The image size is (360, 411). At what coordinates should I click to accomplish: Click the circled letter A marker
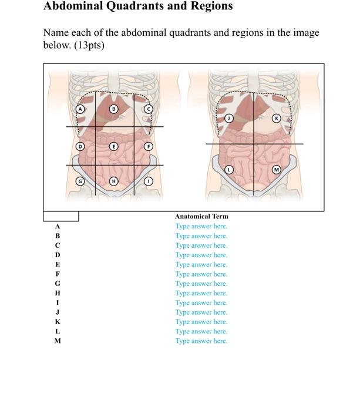coord(80,109)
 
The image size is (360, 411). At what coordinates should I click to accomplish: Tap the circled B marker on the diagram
coord(115,109)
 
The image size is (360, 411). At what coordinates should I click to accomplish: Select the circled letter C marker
coord(149,109)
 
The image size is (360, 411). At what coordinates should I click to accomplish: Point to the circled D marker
coord(80,146)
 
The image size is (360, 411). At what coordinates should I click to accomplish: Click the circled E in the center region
coord(114,146)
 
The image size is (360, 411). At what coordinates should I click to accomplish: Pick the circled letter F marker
coord(149,146)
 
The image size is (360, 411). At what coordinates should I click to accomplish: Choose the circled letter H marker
coord(114,181)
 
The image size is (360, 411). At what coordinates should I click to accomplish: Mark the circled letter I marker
coord(149,181)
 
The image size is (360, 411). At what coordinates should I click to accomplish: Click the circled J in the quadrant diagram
coord(230,119)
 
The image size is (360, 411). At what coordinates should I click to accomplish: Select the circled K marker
coord(277,119)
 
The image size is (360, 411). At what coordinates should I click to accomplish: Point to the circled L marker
coord(230,170)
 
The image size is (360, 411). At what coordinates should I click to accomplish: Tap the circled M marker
coord(277,170)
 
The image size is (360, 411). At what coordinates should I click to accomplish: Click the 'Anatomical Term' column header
coord(201,217)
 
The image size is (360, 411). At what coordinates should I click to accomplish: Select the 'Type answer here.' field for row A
coord(201,226)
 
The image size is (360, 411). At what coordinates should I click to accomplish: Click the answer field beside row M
coord(201,341)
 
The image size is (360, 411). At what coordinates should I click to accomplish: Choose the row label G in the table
coord(58,284)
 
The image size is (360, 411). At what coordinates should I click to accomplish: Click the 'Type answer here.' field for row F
coord(201,274)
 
